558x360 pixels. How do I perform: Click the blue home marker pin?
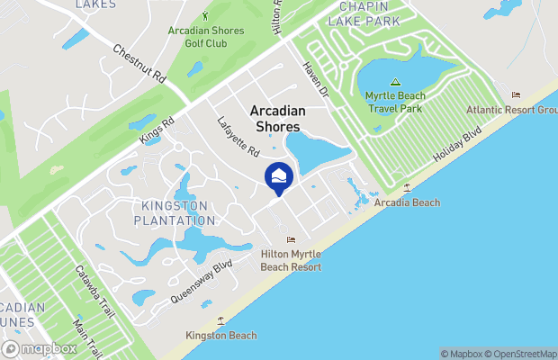click(279, 177)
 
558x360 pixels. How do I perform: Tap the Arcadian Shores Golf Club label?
click(206, 37)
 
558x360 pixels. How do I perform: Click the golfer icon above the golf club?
click(206, 15)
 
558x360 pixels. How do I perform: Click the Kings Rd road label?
click(156, 130)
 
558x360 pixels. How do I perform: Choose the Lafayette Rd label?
click(238, 136)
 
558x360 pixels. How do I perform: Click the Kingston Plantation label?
click(175, 212)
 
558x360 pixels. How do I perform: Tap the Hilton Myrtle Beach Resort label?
click(291, 260)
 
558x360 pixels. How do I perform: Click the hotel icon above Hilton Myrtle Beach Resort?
click(291, 239)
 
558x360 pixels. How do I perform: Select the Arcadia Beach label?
click(408, 202)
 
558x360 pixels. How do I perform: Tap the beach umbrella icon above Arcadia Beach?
click(408, 187)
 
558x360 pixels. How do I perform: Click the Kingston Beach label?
click(221, 336)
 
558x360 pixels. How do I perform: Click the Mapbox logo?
click(40, 348)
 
